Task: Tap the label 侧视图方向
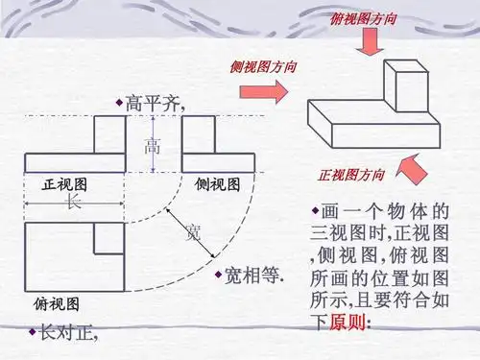[263, 67]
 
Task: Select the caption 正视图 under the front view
[66, 183]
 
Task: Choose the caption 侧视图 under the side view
[217, 183]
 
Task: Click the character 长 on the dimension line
[74, 202]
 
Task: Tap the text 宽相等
[253, 275]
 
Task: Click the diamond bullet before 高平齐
[119, 101]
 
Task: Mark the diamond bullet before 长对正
[32, 331]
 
